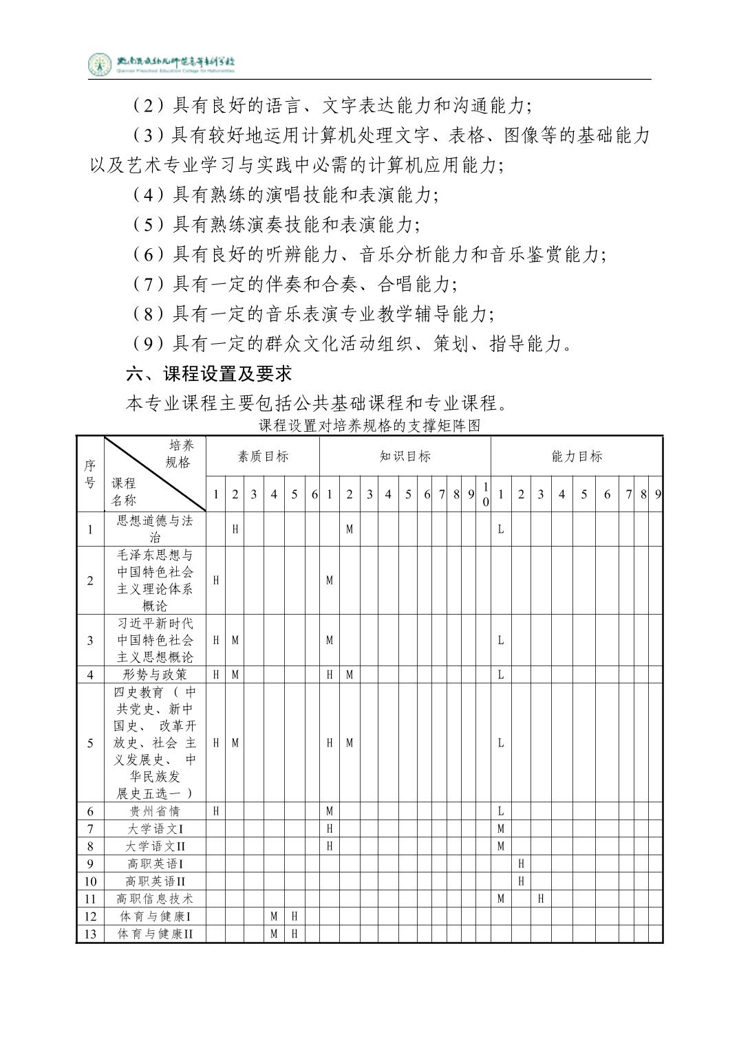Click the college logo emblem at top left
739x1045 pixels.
tap(100, 64)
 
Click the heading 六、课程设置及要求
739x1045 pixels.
tap(209, 373)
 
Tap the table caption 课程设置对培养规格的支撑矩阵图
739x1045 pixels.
tap(369, 426)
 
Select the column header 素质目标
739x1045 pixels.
tap(263, 456)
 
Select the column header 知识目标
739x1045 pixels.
tap(405, 456)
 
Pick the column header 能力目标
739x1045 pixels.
tap(577, 456)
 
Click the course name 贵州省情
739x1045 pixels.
tap(155, 811)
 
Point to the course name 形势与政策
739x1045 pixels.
tap(155, 674)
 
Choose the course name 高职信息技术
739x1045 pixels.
tap(155, 899)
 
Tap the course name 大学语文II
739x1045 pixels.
tap(155, 846)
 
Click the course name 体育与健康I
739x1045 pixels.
tap(155, 916)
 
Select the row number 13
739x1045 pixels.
tap(90, 934)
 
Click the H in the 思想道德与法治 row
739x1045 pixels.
tap(235, 529)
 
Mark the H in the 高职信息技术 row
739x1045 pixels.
tap(541, 899)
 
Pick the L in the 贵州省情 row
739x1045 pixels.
tap(501, 811)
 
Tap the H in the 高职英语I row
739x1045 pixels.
tap(521, 863)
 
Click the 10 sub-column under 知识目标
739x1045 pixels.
tap(486, 494)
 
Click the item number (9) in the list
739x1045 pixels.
tap(147, 344)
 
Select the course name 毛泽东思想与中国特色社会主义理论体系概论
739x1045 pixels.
tap(155, 580)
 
